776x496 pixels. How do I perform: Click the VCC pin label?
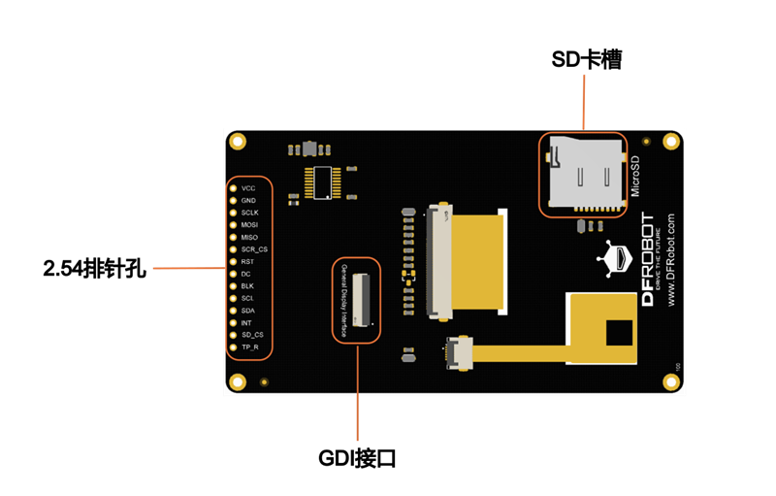(x=248, y=187)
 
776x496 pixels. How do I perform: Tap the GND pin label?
(x=248, y=200)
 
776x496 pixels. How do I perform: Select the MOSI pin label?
(x=249, y=224)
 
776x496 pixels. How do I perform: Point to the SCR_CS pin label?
(x=253, y=249)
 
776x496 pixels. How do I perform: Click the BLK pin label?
(x=247, y=286)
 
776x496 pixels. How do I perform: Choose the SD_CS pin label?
(x=252, y=335)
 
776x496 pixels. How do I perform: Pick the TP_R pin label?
(x=249, y=347)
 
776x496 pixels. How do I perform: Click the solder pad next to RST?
(x=233, y=262)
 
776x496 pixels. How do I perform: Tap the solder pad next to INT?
(x=233, y=322)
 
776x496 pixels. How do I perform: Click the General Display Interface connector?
(x=361, y=300)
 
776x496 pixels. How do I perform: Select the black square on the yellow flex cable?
(x=618, y=333)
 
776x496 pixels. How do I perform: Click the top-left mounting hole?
(x=238, y=142)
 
